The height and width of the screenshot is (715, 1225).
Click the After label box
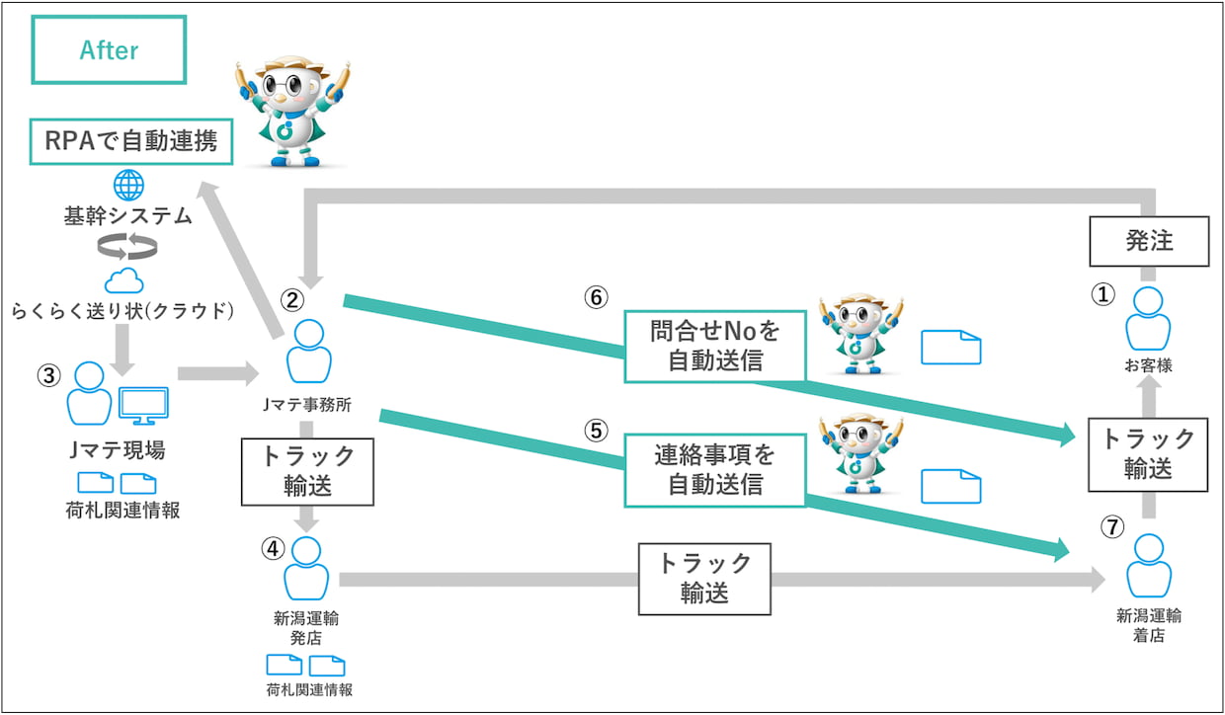(x=109, y=49)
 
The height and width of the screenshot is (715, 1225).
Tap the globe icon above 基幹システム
(x=128, y=185)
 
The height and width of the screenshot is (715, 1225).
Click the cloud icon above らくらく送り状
(x=124, y=281)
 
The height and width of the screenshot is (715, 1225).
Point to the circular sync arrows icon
(x=126, y=248)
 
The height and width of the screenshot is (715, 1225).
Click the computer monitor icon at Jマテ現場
(x=142, y=404)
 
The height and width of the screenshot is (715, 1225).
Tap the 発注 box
(x=1149, y=241)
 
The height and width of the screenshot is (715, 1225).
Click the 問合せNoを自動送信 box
(x=715, y=346)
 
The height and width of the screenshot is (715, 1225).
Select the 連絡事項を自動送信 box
(x=715, y=470)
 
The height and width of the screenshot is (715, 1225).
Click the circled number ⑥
(x=596, y=297)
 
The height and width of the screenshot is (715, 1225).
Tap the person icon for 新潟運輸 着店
(x=1149, y=565)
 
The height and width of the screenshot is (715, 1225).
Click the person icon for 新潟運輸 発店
(x=306, y=569)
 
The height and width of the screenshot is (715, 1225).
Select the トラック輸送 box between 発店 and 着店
(x=704, y=578)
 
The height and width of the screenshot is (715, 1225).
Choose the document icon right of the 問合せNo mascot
(x=950, y=347)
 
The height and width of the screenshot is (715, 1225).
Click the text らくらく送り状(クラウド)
(x=122, y=312)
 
